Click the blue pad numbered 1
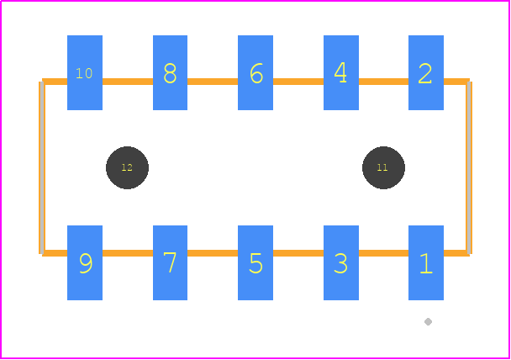[x=426, y=262]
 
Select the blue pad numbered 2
[x=426, y=72]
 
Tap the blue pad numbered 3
[x=341, y=262]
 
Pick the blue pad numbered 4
[x=341, y=72]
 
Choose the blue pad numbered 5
[x=255, y=262]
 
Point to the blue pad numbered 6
[x=255, y=72]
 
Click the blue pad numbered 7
[x=170, y=262]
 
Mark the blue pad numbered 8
[x=170, y=72]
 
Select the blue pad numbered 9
[x=85, y=262]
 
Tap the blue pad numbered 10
[x=85, y=72]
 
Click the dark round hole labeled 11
[x=383, y=167]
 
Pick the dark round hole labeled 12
[x=127, y=167]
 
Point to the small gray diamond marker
[x=429, y=322]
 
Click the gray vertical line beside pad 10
[x=42, y=167]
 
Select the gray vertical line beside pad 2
[x=469, y=167]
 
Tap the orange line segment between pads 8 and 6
[x=213, y=82]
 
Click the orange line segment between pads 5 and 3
[x=298, y=253]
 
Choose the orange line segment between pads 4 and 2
[x=383, y=82]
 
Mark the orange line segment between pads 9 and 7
[x=128, y=253]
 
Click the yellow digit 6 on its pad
[x=256, y=73]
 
